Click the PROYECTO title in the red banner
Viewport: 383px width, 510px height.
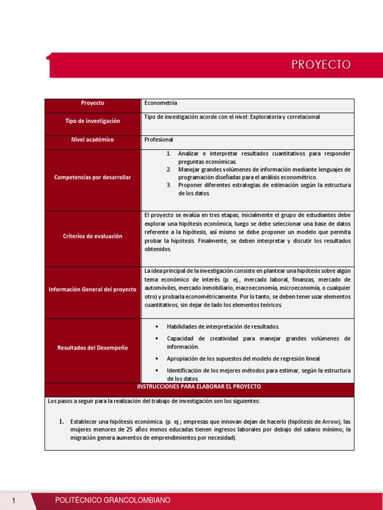coord(321,65)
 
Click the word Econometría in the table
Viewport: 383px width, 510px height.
coord(161,103)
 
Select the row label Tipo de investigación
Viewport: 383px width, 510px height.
coord(93,121)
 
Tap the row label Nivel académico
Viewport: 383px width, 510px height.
coord(93,139)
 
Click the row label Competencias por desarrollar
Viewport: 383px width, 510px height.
coord(93,177)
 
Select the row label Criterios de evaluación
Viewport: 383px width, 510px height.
coord(93,236)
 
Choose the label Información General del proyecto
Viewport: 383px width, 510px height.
coord(93,289)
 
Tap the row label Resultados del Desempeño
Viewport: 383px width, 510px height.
coord(93,348)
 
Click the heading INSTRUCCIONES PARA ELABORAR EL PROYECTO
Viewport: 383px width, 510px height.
coord(199,386)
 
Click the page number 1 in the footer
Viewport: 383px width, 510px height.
coord(14,500)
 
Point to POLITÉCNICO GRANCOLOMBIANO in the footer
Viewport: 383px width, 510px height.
coord(113,500)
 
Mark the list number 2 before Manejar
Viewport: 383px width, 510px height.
coord(169,169)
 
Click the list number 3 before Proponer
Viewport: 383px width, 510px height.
coord(169,185)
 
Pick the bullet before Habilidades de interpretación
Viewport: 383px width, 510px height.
coord(157,326)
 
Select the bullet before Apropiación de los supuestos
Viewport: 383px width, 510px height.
coord(157,359)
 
